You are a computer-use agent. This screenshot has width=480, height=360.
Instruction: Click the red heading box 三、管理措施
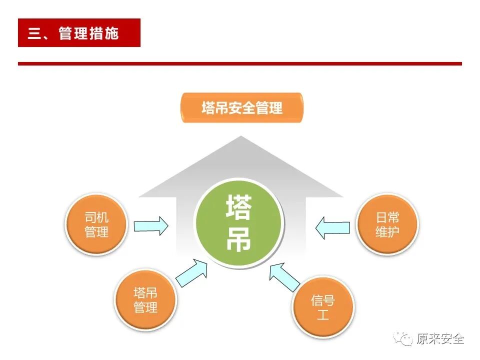(79, 33)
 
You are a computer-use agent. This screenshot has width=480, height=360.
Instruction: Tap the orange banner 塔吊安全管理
(242, 107)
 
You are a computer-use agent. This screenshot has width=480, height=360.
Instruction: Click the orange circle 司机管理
(96, 225)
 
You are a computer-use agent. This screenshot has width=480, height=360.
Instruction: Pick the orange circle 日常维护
(387, 225)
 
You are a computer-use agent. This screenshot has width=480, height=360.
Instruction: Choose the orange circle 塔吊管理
(145, 300)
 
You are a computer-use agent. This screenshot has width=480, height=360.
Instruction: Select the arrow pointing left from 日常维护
(332, 227)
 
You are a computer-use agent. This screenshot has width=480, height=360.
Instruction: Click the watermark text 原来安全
(440, 339)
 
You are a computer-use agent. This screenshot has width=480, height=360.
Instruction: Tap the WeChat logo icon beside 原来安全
(403, 339)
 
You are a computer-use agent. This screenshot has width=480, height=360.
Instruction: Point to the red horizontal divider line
(240, 63)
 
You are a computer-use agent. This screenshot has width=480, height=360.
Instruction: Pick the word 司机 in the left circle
(96, 218)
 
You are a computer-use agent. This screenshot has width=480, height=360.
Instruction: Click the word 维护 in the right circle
(387, 232)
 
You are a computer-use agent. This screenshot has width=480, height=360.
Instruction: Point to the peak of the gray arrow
(241, 137)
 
